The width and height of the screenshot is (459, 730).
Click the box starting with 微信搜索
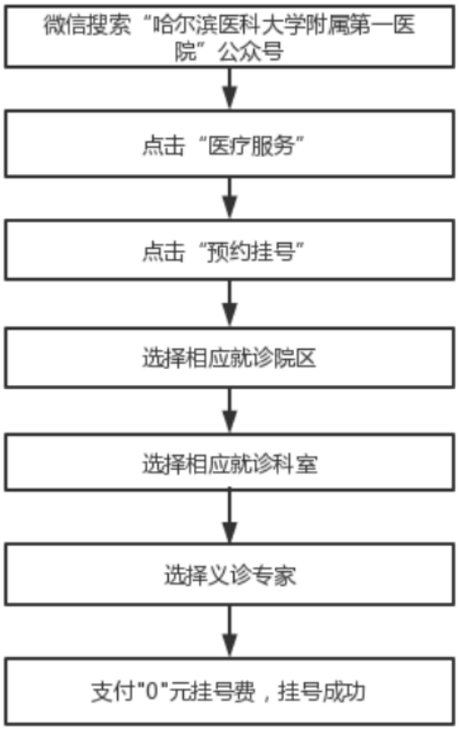229,37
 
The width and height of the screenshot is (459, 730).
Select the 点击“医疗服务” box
229,143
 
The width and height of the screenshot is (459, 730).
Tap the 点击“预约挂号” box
229,250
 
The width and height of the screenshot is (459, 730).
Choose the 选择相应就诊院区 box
229,357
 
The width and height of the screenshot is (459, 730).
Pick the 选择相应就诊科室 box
229,462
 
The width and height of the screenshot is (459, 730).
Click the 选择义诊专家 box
229,574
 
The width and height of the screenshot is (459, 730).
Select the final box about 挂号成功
229,691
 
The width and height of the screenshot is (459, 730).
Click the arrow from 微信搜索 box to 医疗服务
229,89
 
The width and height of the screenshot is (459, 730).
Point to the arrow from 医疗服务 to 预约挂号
229,199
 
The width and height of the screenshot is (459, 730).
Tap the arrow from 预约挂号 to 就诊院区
229,304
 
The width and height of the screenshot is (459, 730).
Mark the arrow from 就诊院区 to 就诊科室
229,411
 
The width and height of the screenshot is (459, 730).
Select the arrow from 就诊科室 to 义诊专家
229,517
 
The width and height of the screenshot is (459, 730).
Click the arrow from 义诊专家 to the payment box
229,632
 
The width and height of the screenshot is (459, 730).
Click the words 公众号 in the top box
251,51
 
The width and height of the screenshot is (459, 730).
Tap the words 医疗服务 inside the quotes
252,145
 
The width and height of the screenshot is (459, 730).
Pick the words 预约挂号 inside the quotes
252,252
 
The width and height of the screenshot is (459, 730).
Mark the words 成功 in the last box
344,692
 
